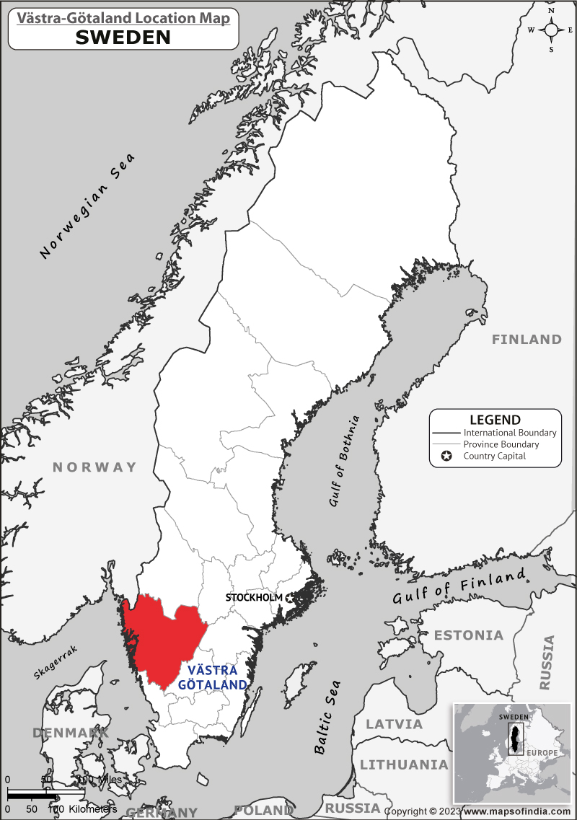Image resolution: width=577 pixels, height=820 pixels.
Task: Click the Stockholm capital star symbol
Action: click(x=290, y=597)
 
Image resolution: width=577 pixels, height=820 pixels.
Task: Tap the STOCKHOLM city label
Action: click(x=254, y=597)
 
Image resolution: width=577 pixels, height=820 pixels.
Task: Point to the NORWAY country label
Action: click(x=94, y=467)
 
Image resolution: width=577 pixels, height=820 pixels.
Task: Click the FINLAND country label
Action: click(x=527, y=339)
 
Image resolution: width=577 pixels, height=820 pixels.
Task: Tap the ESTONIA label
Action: click(x=468, y=635)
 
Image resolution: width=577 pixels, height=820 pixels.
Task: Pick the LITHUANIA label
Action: click(x=404, y=764)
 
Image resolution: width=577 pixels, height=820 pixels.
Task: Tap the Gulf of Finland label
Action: click(x=459, y=586)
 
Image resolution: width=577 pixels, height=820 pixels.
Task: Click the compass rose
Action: click(x=551, y=30)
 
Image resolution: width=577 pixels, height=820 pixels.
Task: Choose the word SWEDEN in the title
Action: click(x=123, y=38)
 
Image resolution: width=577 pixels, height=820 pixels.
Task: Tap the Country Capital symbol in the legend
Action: click(x=446, y=456)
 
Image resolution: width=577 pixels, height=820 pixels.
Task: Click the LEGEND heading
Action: click(x=495, y=420)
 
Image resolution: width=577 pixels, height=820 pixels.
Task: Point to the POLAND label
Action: click(x=263, y=811)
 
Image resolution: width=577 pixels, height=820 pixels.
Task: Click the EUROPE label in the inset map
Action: click(x=542, y=753)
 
